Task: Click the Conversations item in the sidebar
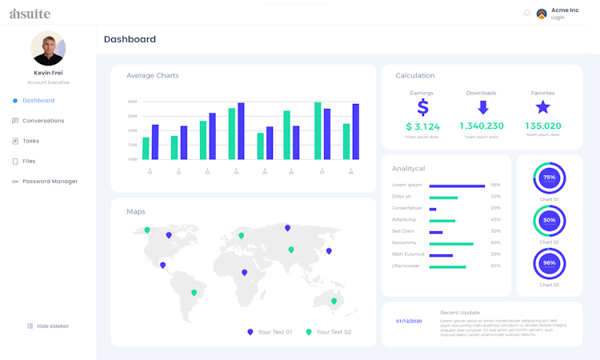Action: (43, 121)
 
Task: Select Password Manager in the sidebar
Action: (50, 182)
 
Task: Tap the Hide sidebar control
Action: (53, 326)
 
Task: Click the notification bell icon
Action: (526, 13)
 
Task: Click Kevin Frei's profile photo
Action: (48, 48)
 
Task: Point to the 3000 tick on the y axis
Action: (132, 102)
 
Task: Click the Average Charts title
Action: (152, 75)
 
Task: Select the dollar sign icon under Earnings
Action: (422, 107)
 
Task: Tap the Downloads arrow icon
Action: (482, 107)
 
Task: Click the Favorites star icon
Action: (542, 107)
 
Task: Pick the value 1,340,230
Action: (482, 126)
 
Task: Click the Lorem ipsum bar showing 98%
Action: (457, 185)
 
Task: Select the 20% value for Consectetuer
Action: (495, 208)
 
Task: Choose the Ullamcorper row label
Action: (406, 266)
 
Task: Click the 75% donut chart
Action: (549, 178)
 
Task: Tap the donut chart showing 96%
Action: (549, 263)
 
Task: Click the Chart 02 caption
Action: (549, 242)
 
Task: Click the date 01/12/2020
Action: (410, 322)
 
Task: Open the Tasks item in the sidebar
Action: (30, 141)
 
